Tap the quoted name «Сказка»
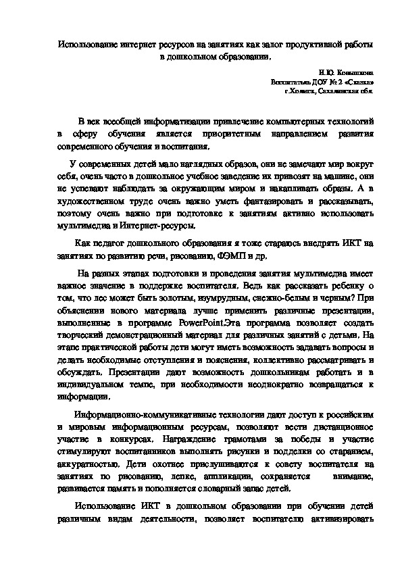tap(355, 80)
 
